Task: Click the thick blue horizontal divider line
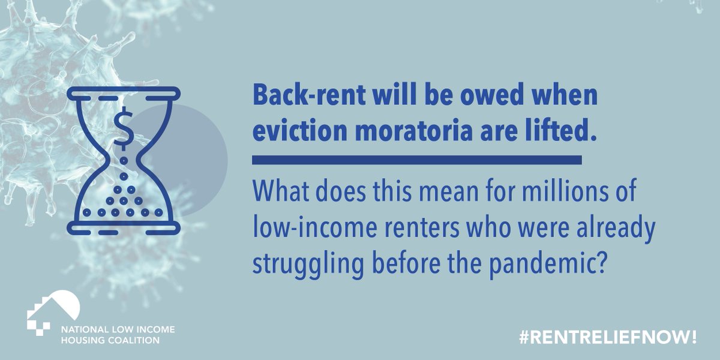417,160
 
